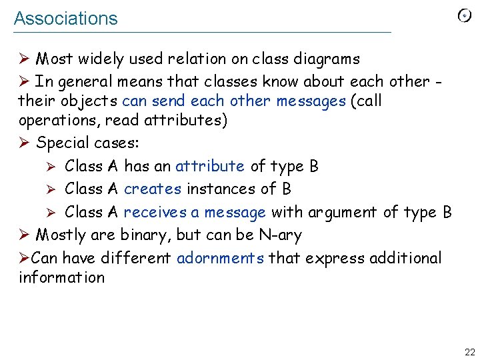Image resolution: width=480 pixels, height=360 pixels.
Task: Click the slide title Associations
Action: [x=65, y=19]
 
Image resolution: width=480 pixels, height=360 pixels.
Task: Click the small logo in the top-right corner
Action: [x=465, y=16]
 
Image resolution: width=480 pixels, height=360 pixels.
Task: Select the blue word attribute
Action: [x=210, y=166]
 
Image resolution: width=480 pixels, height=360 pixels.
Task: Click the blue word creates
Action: [x=153, y=189]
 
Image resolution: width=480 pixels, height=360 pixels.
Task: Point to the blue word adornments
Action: [x=221, y=258]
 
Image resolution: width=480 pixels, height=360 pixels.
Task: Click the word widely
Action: [x=100, y=59]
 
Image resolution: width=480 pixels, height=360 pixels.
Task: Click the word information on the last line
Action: [x=62, y=277]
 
